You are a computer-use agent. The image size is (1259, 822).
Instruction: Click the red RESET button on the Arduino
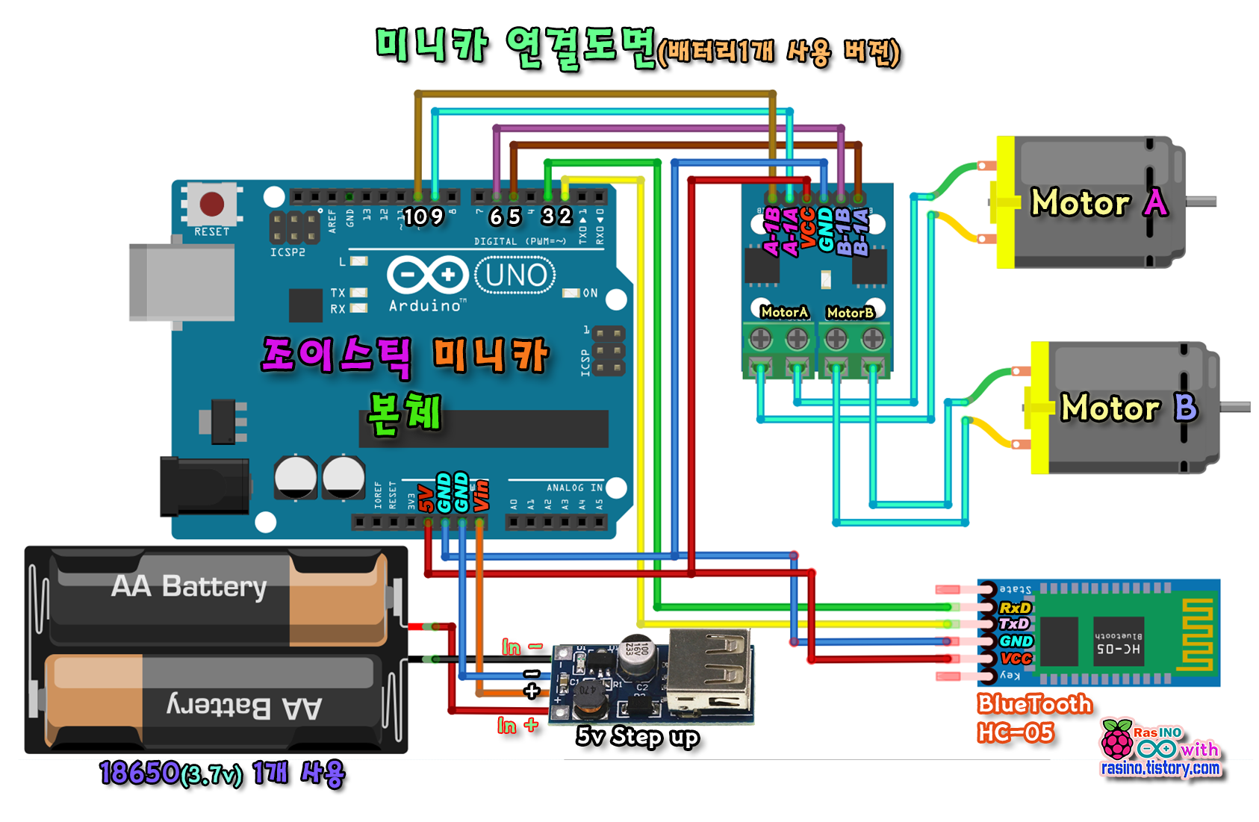tap(212, 203)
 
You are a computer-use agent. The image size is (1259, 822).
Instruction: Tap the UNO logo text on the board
tap(515, 275)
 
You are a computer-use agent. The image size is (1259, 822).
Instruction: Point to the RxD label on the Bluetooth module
tap(1015, 608)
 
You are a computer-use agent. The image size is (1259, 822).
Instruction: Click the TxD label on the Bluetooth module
tap(1014, 624)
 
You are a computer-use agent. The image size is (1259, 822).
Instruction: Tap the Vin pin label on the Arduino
tap(482, 495)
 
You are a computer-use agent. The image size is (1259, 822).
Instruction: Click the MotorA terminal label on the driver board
tap(783, 312)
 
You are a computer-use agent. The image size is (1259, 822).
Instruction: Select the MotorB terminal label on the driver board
tap(850, 313)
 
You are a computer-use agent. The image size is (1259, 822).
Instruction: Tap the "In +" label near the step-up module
tap(517, 725)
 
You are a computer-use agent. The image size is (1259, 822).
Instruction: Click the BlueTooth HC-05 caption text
tap(1033, 717)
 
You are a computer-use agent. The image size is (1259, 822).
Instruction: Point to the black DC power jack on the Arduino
tap(205, 487)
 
